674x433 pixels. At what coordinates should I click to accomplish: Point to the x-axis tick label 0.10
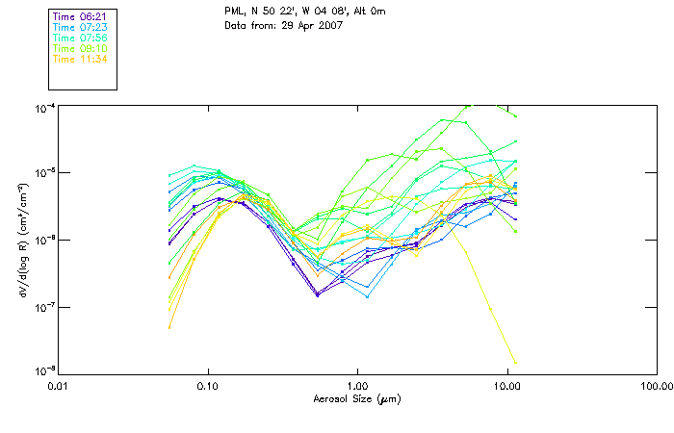point(208,385)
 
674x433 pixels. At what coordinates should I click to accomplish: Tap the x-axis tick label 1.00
point(357,385)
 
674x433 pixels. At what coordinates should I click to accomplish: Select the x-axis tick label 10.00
point(506,385)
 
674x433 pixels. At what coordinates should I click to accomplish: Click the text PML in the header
point(233,11)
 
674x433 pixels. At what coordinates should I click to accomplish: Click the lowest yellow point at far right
point(515,363)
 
